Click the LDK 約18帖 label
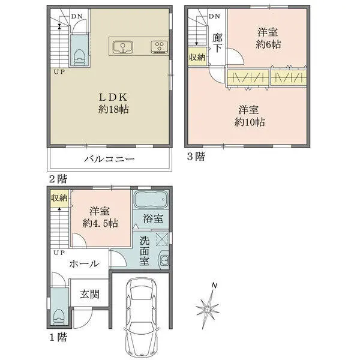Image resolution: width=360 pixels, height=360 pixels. pyautogui.click(x=113, y=104)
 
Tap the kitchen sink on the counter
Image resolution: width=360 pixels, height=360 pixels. pyautogui.click(x=123, y=47)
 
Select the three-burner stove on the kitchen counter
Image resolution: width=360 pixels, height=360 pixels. pyautogui.click(x=160, y=47)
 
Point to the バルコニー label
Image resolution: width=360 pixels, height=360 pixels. pyautogui.click(x=109, y=159)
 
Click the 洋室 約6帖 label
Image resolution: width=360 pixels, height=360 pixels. pyautogui.click(x=268, y=38)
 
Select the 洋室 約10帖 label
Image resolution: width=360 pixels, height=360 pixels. pyautogui.click(x=250, y=116)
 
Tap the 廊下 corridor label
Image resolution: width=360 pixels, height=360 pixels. pyautogui.click(x=217, y=43)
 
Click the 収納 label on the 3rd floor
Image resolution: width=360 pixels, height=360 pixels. pyautogui.click(x=197, y=57)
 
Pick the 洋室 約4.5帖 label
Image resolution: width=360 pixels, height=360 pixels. pyautogui.click(x=100, y=217)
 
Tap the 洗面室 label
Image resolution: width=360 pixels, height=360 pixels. pyautogui.click(x=145, y=251)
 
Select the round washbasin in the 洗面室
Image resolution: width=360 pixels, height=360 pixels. pyautogui.click(x=164, y=260)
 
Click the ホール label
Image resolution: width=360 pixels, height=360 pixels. pyautogui.click(x=85, y=263)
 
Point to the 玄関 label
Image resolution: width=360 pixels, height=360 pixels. pyautogui.click(x=90, y=295)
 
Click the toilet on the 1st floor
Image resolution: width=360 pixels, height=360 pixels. pyautogui.click(x=58, y=317)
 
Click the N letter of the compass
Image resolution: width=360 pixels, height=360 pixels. pyautogui.click(x=214, y=286)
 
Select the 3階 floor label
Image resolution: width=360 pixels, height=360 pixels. pyautogui.click(x=196, y=157)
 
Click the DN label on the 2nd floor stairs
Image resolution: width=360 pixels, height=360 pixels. pyautogui.click(x=76, y=17)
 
